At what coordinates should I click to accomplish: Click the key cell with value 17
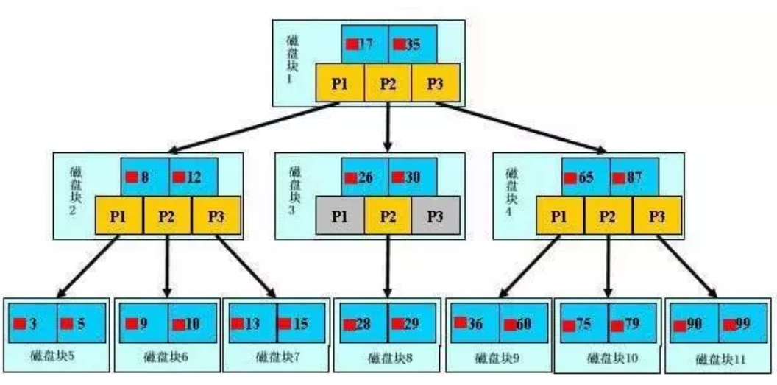[365, 43]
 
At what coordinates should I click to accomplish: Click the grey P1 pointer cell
[339, 216]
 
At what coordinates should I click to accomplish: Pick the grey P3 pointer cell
[436, 216]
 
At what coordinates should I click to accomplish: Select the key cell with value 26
[365, 177]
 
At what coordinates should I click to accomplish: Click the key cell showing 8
[145, 177]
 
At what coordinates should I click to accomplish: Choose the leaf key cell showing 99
[742, 323]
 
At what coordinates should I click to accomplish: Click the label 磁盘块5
[57, 357]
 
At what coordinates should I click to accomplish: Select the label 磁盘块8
[388, 358]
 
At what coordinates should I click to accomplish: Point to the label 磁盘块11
[719, 359]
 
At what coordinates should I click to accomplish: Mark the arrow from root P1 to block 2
[243, 129]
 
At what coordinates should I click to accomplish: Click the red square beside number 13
[238, 322]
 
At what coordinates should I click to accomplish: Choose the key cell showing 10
[192, 323]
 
